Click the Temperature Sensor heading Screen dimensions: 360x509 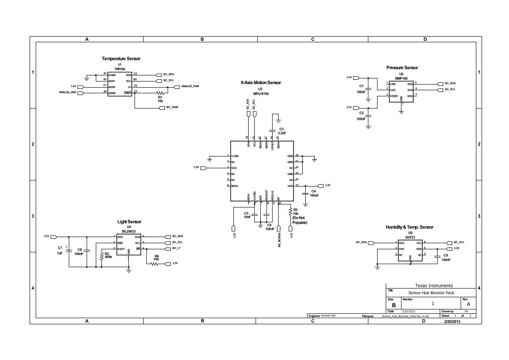[121, 58]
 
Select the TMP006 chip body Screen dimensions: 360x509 [120, 84]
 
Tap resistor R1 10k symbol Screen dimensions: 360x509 [161, 93]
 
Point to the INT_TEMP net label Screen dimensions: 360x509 [172, 107]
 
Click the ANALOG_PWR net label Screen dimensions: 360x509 [190, 87]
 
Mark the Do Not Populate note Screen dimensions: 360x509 [300, 220]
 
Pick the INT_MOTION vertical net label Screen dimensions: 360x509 [279, 240]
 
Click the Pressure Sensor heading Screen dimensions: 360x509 [402, 68]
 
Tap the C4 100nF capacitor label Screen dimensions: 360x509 [314, 194]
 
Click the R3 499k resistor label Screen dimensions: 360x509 [108, 255]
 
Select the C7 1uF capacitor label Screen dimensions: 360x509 [60, 250]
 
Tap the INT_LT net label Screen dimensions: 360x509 [176, 248]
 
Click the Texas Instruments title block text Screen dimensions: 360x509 [434, 285]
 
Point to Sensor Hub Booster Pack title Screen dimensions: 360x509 [431, 293]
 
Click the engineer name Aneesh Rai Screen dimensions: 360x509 [328, 316]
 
